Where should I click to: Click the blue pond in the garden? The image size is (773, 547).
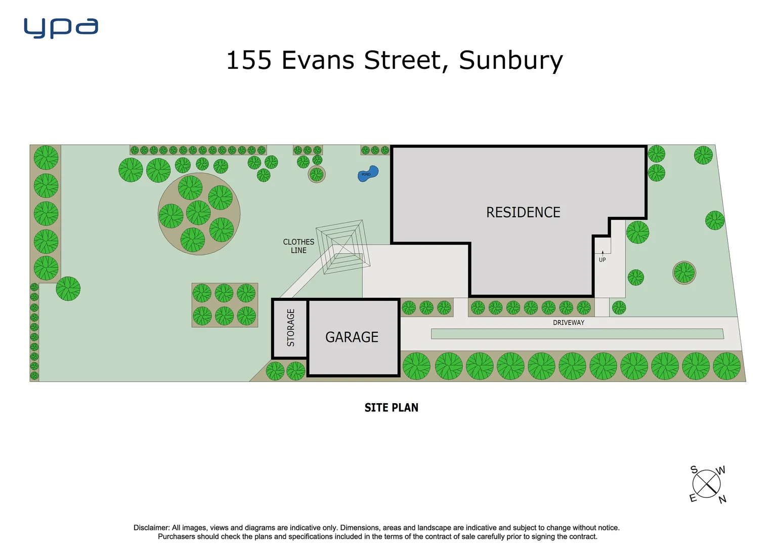(368, 174)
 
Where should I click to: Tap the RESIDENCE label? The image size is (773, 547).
(523, 212)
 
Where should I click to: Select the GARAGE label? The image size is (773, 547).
(352, 337)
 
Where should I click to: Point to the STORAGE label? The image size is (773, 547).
(291, 328)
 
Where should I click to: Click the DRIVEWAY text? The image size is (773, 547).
(568, 323)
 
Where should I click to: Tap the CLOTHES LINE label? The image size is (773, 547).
(298, 246)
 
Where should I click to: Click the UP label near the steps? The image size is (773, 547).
(602, 260)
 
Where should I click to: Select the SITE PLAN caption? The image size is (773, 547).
(391, 408)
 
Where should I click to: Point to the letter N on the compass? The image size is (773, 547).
(722, 499)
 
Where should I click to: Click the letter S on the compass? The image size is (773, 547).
(694, 470)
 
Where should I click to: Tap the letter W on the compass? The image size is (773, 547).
(720, 470)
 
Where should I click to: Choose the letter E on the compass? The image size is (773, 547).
(693, 498)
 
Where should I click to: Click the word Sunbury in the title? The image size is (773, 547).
(510, 60)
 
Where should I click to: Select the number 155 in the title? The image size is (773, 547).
(249, 60)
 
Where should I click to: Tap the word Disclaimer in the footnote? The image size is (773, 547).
(151, 528)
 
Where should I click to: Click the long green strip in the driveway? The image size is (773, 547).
(577, 334)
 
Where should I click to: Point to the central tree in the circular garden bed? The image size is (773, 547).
(198, 213)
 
